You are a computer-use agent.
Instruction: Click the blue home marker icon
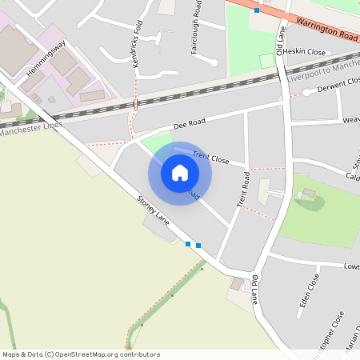180,172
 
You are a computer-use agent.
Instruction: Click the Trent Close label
210,157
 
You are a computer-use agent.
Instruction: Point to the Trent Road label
243,190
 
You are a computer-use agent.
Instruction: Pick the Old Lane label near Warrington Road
280,41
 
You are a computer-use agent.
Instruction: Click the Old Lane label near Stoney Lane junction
255,290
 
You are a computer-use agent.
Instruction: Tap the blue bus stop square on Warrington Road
256,10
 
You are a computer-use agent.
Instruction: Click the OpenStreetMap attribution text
81,354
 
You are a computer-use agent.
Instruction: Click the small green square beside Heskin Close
266,61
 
